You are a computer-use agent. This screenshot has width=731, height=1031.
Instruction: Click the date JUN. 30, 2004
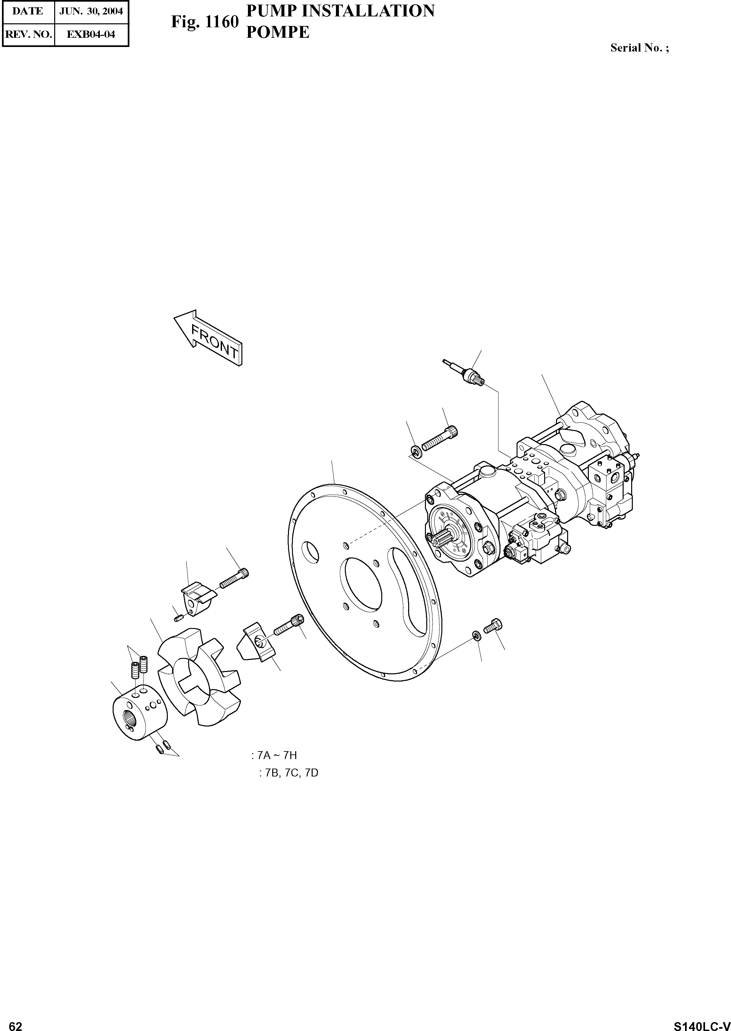point(91,11)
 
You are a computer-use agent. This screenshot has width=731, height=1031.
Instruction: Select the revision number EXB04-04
point(91,34)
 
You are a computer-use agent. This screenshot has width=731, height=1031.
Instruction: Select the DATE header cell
point(28,11)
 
